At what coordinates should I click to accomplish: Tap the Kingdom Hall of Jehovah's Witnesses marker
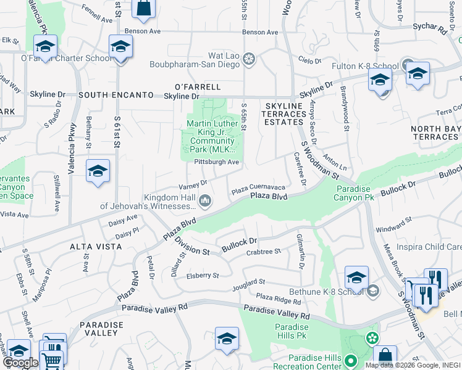coord(205,200)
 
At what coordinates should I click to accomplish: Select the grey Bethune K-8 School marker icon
coord(372,290)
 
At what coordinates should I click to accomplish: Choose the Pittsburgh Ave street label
coord(216,162)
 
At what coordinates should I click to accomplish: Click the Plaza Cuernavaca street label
coord(258,187)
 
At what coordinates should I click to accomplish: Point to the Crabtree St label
coord(264,252)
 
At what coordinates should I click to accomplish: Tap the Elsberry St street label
coord(203,276)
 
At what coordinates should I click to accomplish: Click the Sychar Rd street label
coord(431,28)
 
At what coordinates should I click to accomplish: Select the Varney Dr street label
coord(193,184)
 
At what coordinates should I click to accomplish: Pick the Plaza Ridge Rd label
coord(278,300)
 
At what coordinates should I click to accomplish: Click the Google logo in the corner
coord(21,363)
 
